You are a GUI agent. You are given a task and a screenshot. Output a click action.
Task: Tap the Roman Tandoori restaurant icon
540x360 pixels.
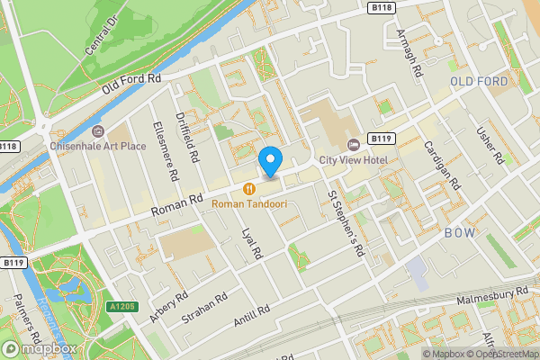[x=247, y=189]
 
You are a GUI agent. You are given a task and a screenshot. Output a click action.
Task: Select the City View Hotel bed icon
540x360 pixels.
[x=353, y=144]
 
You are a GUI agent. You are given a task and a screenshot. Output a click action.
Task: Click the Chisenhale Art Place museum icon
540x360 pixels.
[x=97, y=131]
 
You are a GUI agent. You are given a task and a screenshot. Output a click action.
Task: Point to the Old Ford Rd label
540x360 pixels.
[x=130, y=85]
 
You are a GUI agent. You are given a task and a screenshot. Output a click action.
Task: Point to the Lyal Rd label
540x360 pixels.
[x=252, y=241]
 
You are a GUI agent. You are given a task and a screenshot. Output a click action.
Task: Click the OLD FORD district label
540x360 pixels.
[x=479, y=81]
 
